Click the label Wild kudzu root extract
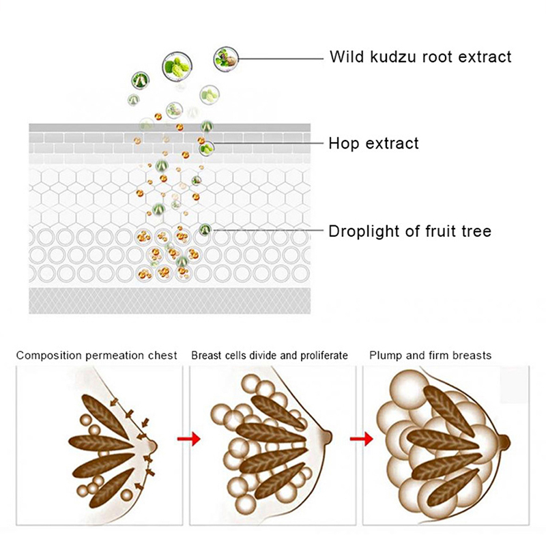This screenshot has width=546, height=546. pos(420,57)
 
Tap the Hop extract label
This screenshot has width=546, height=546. pos(373,143)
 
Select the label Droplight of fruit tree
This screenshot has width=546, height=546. pos(409,231)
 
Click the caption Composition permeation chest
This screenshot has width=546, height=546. pos(97,356)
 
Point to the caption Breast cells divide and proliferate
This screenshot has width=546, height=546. pos(270,356)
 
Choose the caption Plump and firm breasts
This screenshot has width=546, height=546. pos(430,356)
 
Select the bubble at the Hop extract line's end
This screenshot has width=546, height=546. pos(206,146)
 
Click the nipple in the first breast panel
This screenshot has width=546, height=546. pos(154,446)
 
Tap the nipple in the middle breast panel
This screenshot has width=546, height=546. pos(330,435)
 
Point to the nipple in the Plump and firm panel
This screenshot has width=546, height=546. pos(506,442)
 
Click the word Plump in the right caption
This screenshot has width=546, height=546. pos(384,356)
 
